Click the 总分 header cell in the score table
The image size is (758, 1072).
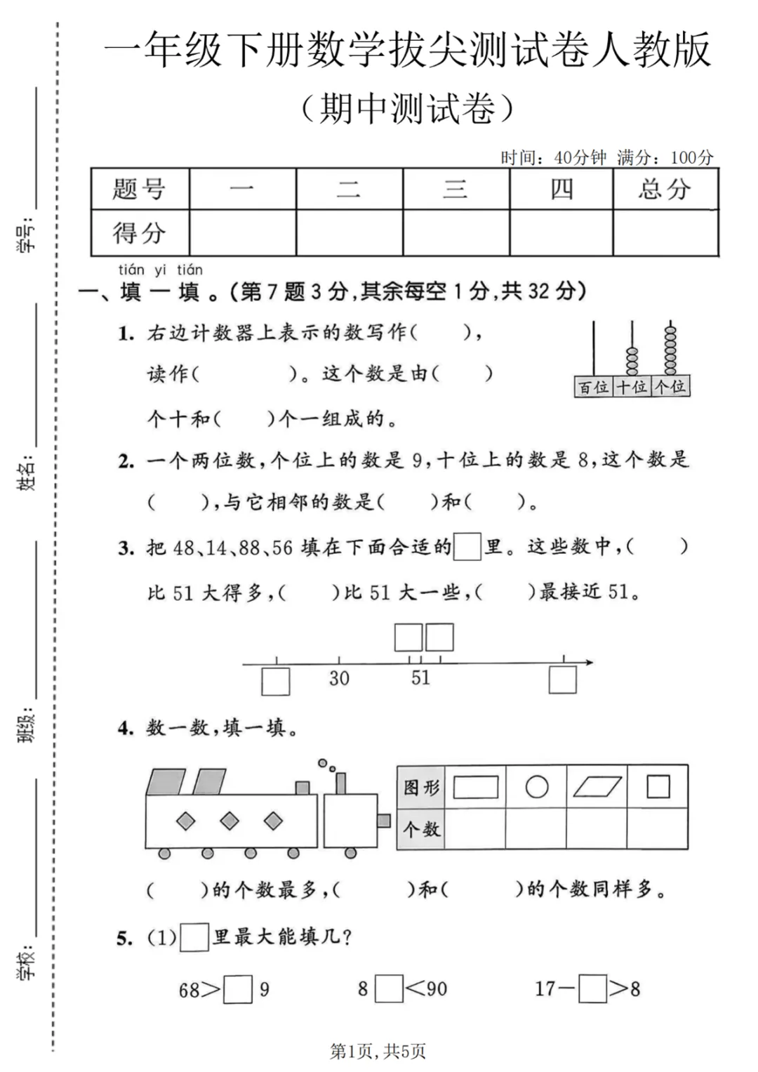(x=665, y=189)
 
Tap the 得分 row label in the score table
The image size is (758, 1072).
(x=139, y=233)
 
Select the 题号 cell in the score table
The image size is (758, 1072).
(x=139, y=189)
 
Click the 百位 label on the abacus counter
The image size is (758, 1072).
(x=593, y=387)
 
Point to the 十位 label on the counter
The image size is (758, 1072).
(x=632, y=387)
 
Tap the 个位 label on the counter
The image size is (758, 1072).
(x=670, y=387)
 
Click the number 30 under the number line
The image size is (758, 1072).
(x=339, y=678)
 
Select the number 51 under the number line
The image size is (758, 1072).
(x=420, y=678)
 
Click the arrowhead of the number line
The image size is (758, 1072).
(x=590, y=662)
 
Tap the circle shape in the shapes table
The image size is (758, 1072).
(x=536, y=787)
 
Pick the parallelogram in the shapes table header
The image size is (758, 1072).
(x=597, y=787)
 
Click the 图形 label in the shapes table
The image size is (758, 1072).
(x=421, y=788)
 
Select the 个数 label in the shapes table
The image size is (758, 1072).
(x=421, y=829)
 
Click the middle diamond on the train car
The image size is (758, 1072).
(x=230, y=821)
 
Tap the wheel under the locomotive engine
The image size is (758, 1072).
(x=351, y=853)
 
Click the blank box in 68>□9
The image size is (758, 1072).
(x=238, y=990)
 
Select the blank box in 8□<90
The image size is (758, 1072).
(x=389, y=989)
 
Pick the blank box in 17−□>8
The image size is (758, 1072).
(x=593, y=989)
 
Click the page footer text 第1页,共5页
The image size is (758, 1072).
(x=378, y=1051)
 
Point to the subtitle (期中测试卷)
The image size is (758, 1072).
(x=407, y=109)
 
